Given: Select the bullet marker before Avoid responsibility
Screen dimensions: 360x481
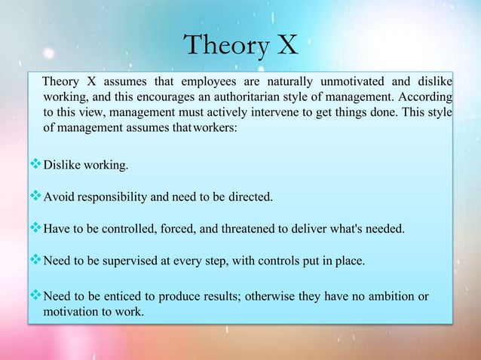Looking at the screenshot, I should pyautogui.click(x=35, y=197).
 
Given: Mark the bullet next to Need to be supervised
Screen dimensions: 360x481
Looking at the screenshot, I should pyautogui.click(x=35, y=262).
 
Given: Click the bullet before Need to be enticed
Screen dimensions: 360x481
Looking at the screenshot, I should pyautogui.click(x=35, y=296).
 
